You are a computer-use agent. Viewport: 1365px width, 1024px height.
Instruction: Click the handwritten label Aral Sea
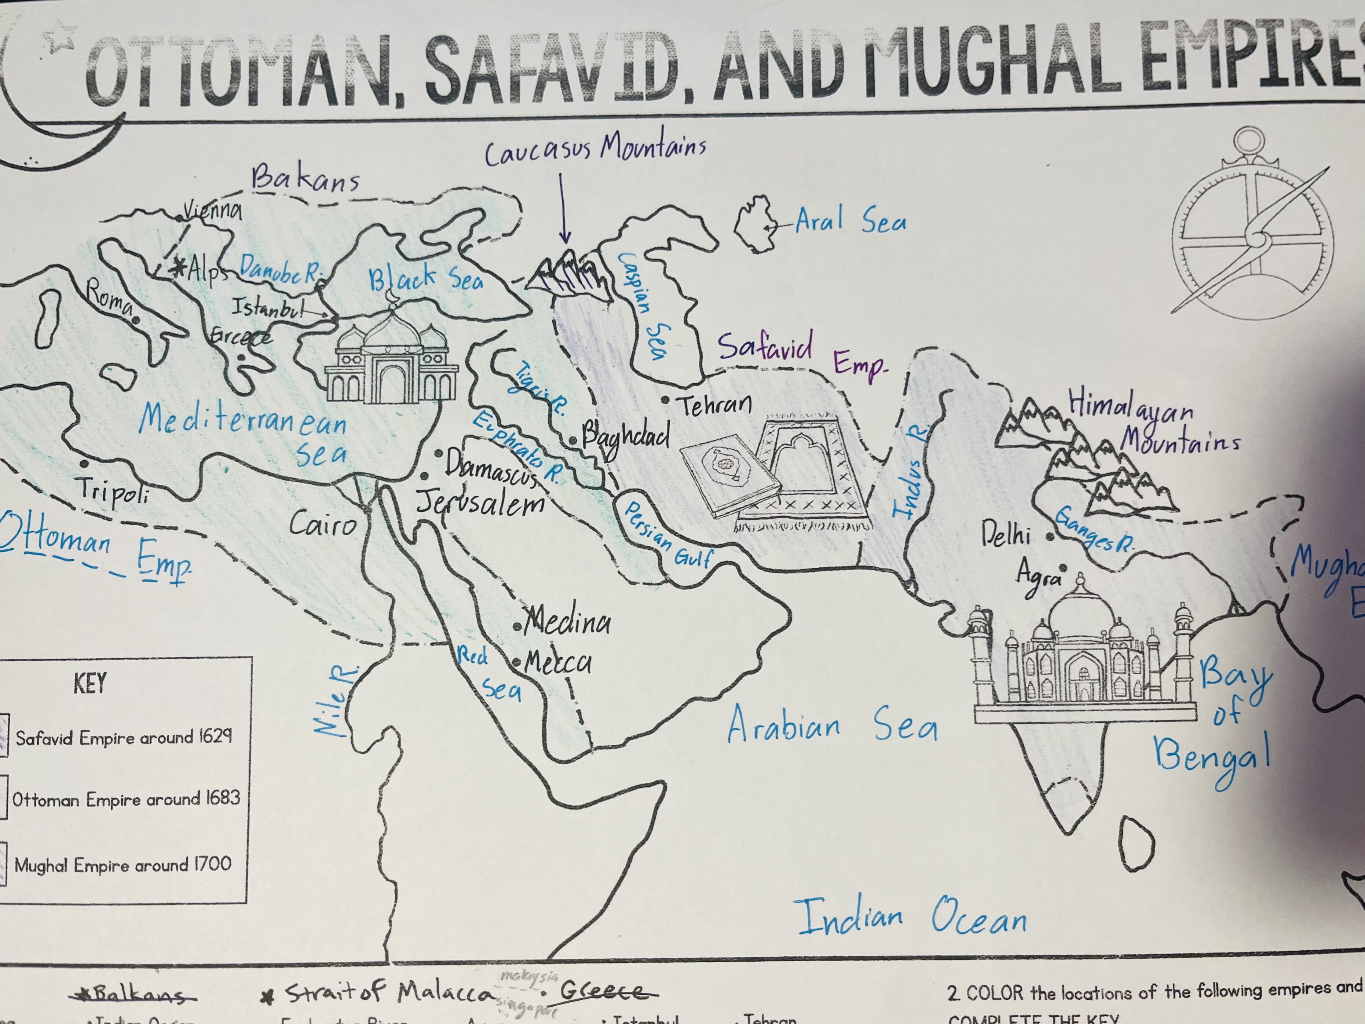pos(850,220)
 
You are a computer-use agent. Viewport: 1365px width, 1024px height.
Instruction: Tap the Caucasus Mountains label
pos(595,150)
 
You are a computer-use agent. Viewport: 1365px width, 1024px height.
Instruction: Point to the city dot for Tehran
pos(665,400)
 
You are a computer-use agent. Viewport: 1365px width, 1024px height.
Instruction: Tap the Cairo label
pos(323,525)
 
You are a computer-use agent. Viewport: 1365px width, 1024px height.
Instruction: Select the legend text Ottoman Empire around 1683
pos(126,799)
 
